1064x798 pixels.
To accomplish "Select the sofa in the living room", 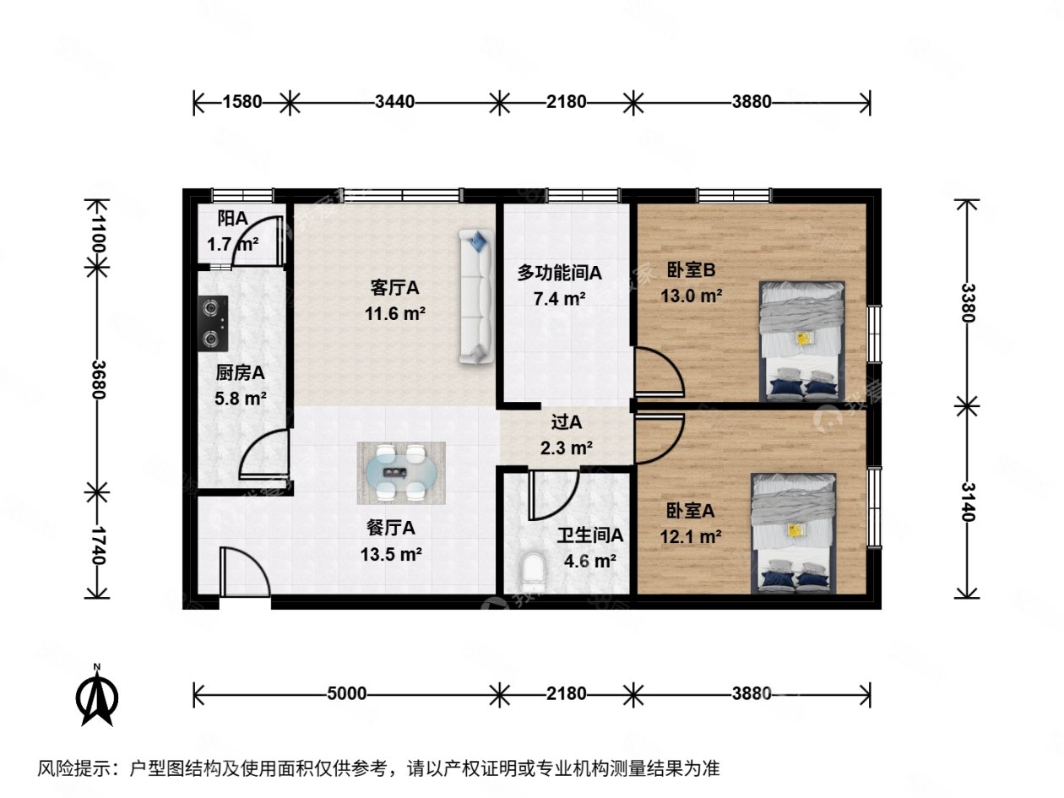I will pos(476,296).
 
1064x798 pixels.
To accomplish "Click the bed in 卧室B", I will pos(801,340).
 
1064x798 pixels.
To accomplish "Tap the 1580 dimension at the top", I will pos(242,102).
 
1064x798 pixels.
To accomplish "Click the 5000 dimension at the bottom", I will pos(346,694).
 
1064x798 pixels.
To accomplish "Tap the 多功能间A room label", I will pos(559,273).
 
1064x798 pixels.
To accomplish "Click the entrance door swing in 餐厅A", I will pos(245,573).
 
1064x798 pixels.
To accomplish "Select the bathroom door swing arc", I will pos(552,494).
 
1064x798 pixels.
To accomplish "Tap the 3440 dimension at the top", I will pos(394,102).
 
